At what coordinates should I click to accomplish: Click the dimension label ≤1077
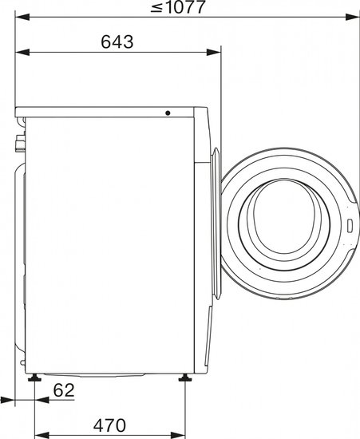point(178,7)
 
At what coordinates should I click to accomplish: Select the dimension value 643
point(117,42)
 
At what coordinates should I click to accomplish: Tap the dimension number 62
point(64,390)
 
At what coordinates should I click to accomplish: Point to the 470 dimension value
point(109,425)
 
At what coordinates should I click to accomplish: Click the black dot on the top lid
point(168,113)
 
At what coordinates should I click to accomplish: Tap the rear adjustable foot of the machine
point(34,378)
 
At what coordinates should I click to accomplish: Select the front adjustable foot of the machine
point(185,378)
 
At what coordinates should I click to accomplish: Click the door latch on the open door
point(350,226)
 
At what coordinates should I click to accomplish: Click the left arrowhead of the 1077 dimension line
point(22,17)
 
